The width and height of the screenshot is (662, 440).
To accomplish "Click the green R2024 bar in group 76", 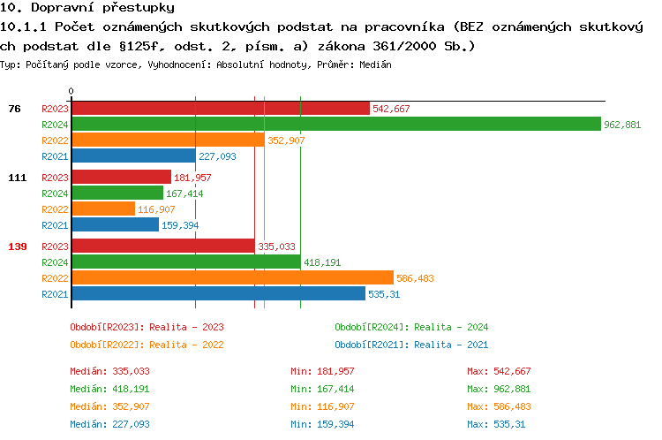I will point(335,125).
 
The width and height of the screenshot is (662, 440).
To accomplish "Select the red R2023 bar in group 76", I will point(220,109).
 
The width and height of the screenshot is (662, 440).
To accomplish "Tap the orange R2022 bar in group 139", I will point(232,278).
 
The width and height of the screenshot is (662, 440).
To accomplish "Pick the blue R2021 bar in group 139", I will point(218,294).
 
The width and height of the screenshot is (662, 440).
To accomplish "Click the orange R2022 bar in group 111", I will point(103,209).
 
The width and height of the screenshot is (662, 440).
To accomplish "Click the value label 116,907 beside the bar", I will point(156,209).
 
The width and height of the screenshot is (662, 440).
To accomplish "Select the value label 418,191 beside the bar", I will point(322,262).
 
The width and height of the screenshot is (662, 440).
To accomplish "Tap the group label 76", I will point(14,109).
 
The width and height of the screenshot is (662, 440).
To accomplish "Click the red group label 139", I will point(17,247).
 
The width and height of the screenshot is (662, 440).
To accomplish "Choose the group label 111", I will point(17,178).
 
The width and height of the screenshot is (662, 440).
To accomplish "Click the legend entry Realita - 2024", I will point(411,327).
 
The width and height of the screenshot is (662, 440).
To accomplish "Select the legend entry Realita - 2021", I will point(411,345).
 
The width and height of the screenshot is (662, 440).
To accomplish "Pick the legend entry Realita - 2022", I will point(147,345).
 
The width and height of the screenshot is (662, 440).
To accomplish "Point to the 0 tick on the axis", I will point(71,91).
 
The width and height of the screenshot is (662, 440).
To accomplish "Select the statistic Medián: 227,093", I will point(110,424).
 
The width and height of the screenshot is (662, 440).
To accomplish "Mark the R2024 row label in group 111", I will point(55,193).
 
